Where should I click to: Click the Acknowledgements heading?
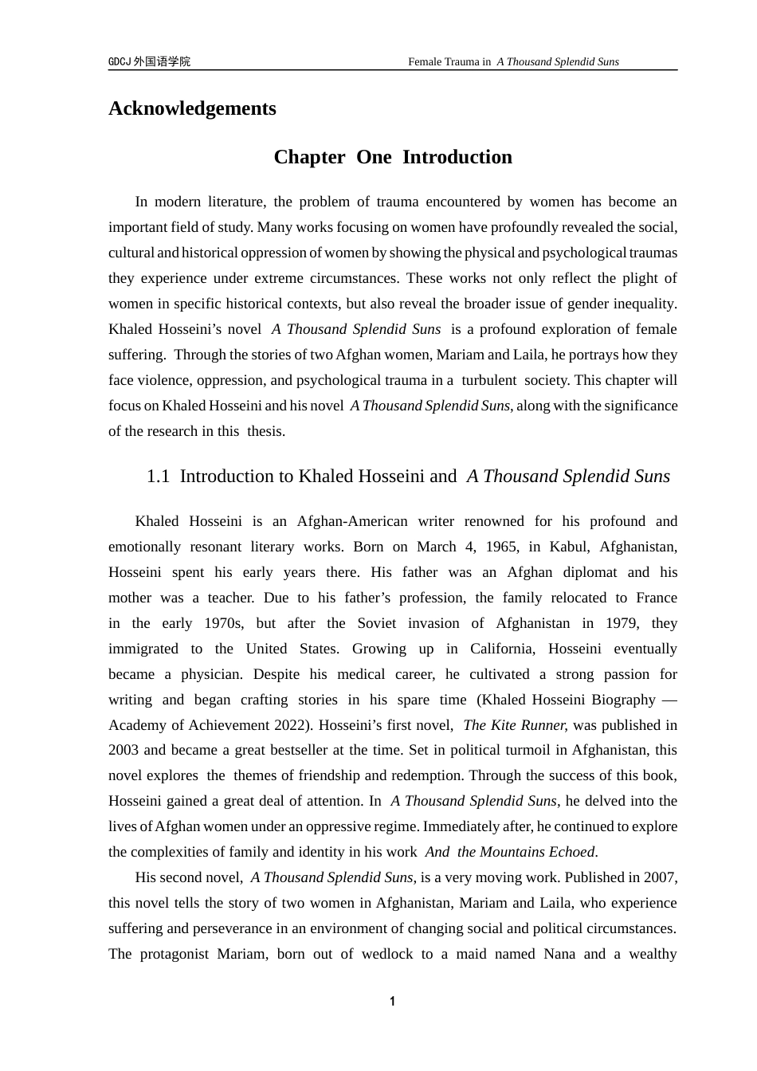192,108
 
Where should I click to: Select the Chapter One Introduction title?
393,157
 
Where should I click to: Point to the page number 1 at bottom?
392,1002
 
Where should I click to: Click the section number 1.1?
158,477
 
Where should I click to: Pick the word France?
657,598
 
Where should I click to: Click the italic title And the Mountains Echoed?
510,853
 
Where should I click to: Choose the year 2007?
661,878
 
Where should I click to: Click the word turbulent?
488,380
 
